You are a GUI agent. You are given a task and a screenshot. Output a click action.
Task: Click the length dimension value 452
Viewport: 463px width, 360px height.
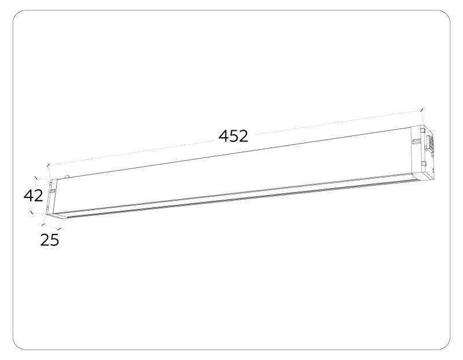point(233,136)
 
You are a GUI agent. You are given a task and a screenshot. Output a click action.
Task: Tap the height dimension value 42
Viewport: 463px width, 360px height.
point(34,196)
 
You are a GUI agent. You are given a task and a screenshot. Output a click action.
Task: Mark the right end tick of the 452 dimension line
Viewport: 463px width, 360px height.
point(421,109)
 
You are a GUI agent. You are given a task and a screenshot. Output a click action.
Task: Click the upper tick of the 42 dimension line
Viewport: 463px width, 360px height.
point(36,179)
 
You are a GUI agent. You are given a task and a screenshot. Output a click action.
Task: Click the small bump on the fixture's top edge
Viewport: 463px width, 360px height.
point(68,174)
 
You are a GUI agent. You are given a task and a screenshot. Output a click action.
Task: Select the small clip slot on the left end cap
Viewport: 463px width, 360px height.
point(53,189)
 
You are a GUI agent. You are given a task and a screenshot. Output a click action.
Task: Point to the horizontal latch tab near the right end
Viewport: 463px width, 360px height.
point(417,140)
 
